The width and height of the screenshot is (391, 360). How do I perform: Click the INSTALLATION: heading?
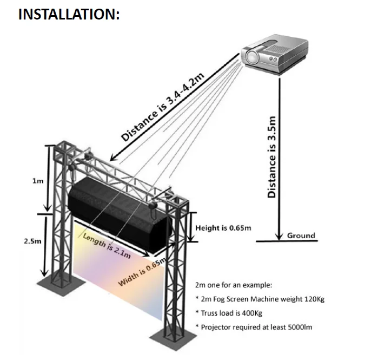coord(69,14)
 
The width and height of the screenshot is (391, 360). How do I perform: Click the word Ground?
coord(301,235)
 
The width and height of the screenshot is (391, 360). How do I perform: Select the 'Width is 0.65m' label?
coord(142,273)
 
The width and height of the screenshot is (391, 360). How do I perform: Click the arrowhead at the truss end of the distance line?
coord(112,158)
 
